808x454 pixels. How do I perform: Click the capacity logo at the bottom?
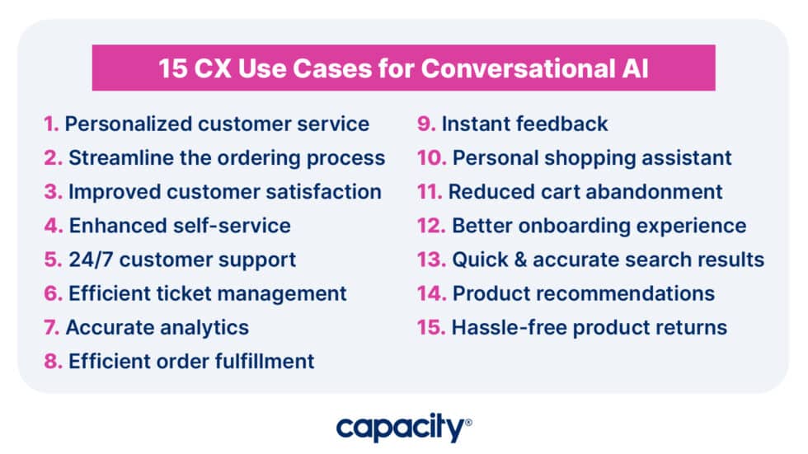click(402, 428)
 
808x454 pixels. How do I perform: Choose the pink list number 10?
click(431, 158)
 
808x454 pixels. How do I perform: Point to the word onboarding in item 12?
click(577, 226)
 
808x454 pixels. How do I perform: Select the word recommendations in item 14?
click(630, 293)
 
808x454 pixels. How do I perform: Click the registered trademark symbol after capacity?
click(468, 423)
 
